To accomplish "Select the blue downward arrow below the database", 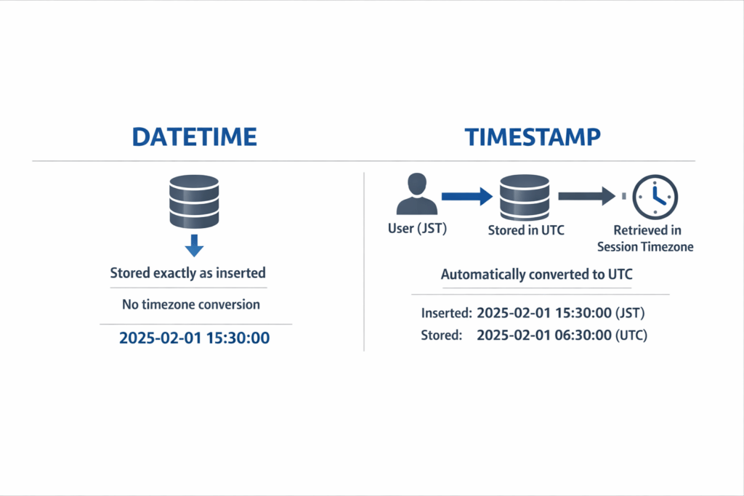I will pyautogui.click(x=193, y=247).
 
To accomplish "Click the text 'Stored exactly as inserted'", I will pyautogui.click(x=187, y=274).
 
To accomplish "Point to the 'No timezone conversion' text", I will pyautogui.click(x=191, y=304).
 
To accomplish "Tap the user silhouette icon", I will pyautogui.click(x=416, y=196).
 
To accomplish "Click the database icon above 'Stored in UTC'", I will pyautogui.click(x=525, y=196).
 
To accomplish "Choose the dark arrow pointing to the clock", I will pyautogui.click(x=587, y=196).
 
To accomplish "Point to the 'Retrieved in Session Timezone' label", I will pyautogui.click(x=645, y=239).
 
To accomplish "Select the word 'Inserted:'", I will pyautogui.click(x=445, y=314).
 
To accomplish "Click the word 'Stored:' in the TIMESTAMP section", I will pyautogui.click(x=441, y=336).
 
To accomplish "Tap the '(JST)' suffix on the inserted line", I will pyautogui.click(x=628, y=314).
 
